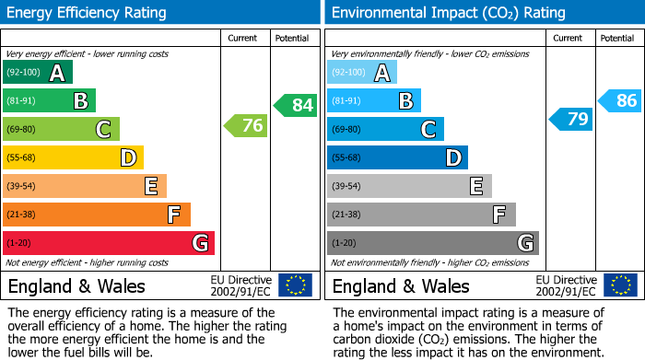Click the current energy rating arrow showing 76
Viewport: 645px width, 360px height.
pyautogui.click(x=246, y=125)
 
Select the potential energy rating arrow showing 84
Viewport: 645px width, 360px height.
pyautogui.click(x=296, y=105)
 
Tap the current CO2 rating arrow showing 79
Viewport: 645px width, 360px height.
pyautogui.click(x=571, y=119)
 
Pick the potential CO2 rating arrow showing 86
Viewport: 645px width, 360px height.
pyautogui.click(x=620, y=100)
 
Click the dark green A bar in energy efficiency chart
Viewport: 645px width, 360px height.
pyautogui.click(x=38, y=73)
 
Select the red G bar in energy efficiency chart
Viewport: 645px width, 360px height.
pyautogui.click(x=109, y=243)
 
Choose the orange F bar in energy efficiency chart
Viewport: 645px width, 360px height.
pyautogui.click(x=97, y=215)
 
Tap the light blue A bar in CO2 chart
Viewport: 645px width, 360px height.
pyautogui.click(x=362, y=73)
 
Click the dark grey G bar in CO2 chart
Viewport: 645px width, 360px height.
pyautogui.click(x=433, y=243)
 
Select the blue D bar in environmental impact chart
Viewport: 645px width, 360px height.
pyautogui.click(x=397, y=157)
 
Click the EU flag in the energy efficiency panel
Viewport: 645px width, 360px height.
pyautogui.click(x=295, y=285)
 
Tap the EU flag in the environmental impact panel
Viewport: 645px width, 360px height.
pyautogui.click(x=620, y=285)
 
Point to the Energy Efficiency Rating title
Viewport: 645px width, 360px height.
pyautogui.click(x=88, y=13)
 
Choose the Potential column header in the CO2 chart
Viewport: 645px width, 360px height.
pyautogui.click(x=616, y=38)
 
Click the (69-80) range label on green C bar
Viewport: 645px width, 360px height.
pyautogui.click(x=22, y=130)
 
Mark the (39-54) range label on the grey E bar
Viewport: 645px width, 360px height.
pyautogui.click(x=346, y=187)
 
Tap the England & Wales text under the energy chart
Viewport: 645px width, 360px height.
pyautogui.click(x=76, y=285)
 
